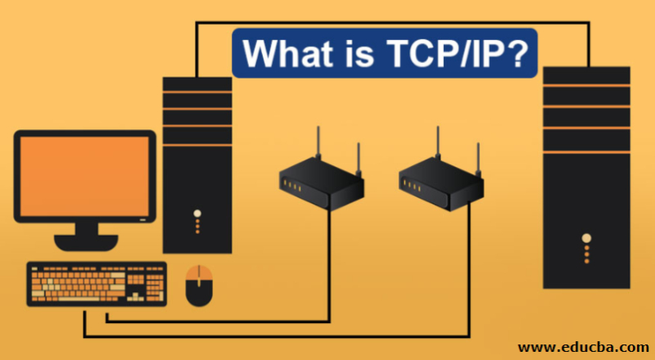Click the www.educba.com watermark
pyautogui.click(x=582, y=346)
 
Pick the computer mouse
pyautogui.click(x=199, y=286)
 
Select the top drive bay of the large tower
pyautogui.click(x=586, y=76)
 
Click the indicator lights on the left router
pyautogui.click(x=291, y=187)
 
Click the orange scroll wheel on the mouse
pyautogui.click(x=199, y=274)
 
